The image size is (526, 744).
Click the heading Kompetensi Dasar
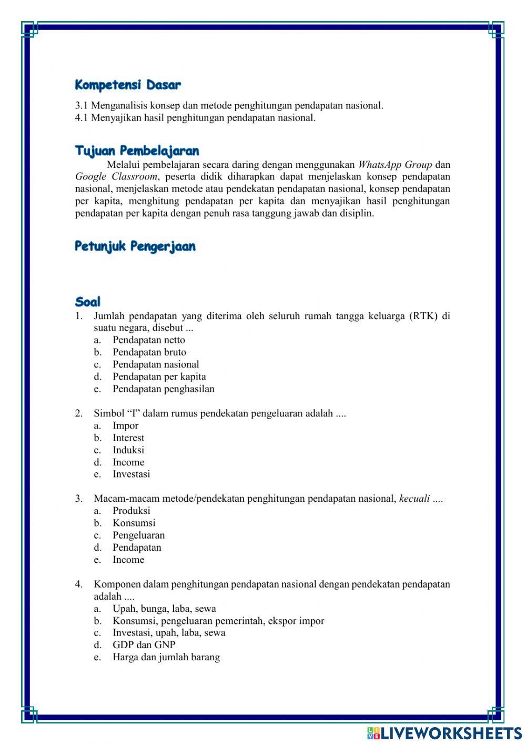(x=128, y=85)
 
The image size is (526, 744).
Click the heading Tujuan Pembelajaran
(x=137, y=151)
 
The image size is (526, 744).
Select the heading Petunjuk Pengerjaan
(x=135, y=246)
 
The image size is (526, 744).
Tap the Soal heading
(x=87, y=302)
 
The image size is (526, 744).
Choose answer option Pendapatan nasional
(x=156, y=364)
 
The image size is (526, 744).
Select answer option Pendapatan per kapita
(x=159, y=376)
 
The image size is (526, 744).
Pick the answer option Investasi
(x=131, y=474)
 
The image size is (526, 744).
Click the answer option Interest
(x=128, y=438)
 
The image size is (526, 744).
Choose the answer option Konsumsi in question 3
(x=134, y=523)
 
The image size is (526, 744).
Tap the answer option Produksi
(x=131, y=511)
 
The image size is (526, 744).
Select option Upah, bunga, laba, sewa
(x=164, y=609)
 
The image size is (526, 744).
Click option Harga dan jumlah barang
(x=166, y=657)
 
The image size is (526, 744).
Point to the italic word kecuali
(x=414, y=499)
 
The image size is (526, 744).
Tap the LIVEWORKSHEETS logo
(x=444, y=733)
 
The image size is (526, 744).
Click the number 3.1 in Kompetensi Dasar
(x=82, y=105)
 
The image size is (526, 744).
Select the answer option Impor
(x=125, y=425)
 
